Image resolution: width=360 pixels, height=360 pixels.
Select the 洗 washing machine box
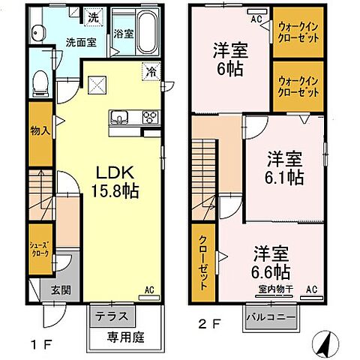pyautogui.click(x=94, y=16)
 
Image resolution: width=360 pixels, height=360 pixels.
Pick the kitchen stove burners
pyautogui.click(x=148, y=116)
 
